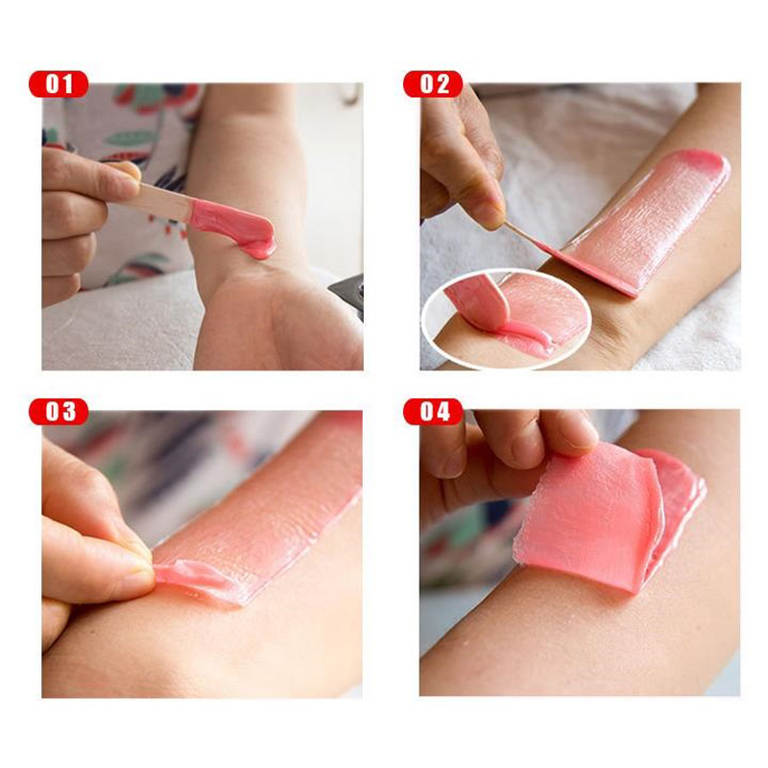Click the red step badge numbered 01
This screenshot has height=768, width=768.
pyautogui.click(x=59, y=84)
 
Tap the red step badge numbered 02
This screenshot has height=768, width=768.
pyautogui.click(x=433, y=84)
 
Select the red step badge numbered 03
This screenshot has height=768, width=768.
pyautogui.click(x=59, y=412)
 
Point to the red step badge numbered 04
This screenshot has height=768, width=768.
pyautogui.click(x=433, y=412)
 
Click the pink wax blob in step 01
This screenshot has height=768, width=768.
pyautogui.click(x=235, y=228)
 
